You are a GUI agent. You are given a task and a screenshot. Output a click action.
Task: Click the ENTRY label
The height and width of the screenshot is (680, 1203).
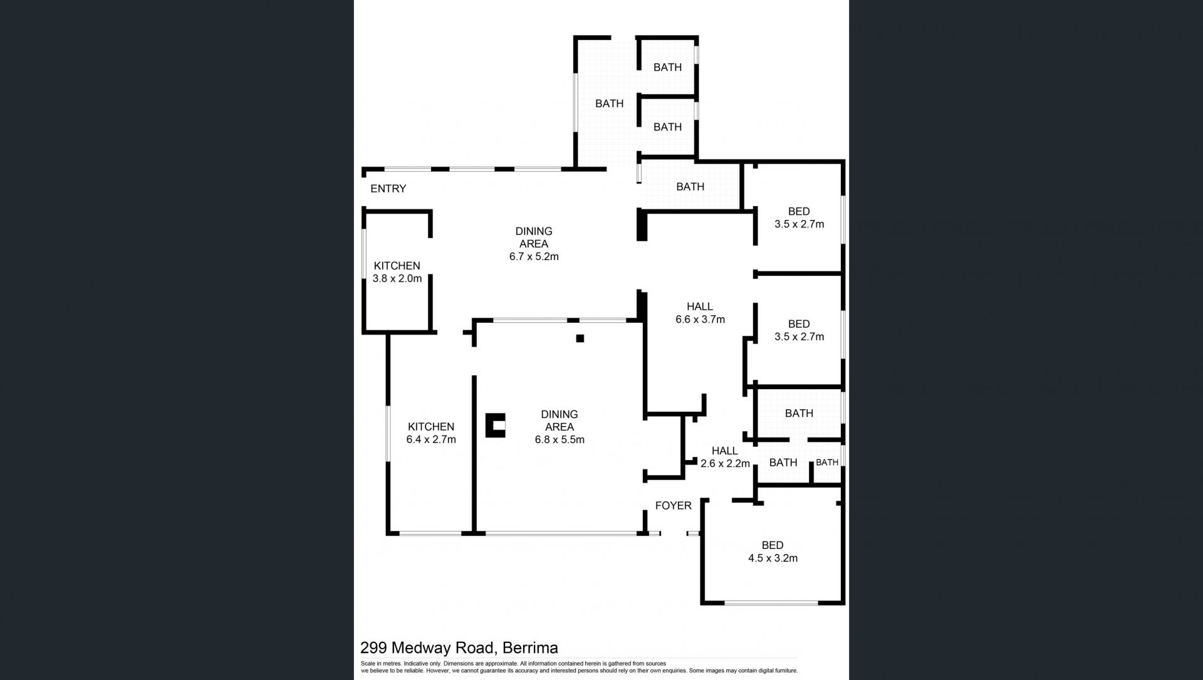(388, 189)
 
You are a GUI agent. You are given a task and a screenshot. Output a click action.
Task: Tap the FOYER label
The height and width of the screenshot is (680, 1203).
(673, 506)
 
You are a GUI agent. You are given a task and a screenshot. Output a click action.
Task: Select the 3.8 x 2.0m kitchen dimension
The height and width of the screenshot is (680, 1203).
(397, 279)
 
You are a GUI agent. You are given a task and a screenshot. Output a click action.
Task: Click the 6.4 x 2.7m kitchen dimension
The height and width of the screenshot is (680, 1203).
(431, 440)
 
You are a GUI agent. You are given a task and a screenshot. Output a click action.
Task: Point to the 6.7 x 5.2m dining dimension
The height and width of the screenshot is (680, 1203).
(534, 256)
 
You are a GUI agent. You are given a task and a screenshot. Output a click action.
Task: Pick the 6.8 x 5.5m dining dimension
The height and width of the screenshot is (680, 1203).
(560, 440)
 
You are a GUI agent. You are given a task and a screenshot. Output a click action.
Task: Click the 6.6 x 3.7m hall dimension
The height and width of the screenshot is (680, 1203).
(700, 320)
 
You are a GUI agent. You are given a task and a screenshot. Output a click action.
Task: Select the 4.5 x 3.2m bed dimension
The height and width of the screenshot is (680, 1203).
(773, 558)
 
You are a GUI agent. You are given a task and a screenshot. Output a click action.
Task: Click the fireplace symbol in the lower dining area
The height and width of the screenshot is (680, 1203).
(496, 426)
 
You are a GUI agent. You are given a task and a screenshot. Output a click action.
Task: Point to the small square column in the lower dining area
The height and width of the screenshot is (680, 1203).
(580, 338)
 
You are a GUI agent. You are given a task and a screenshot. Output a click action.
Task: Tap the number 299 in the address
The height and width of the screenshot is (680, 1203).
(372, 648)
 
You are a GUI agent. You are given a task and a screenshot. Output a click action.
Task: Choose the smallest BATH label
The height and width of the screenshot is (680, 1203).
(826, 463)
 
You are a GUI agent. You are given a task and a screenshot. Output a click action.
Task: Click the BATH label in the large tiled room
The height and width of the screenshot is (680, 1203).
(609, 104)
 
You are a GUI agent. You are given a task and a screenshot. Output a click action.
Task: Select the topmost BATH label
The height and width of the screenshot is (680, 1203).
(667, 68)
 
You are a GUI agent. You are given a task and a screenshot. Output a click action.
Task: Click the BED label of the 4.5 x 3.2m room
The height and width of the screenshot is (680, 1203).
(773, 545)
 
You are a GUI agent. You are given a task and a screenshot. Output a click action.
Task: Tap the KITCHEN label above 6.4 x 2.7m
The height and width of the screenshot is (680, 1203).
(431, 427)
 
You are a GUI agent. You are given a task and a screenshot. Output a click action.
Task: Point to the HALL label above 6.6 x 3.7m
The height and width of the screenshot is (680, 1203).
(700, 306)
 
